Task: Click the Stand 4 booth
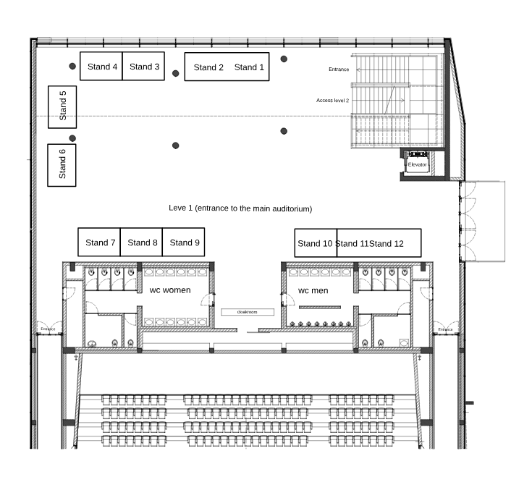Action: click(x=101, y=66)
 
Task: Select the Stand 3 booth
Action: click(x=143, y=66)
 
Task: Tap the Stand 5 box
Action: click(x=62, y=107)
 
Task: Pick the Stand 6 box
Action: click(x=62, y=165)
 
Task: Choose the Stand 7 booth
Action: click(x=99, y=242)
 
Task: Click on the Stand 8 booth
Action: click(x=141, y=242)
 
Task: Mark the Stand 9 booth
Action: click(x=184, y=242)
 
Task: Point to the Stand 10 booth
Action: click(x=316, y=243)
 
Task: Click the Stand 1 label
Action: click(x=249, y=67)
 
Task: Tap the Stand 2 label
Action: click(x=208, y=67)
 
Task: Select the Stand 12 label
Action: click(x=387, y=244)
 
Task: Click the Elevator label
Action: click(x=418, y=164)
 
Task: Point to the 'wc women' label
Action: click(x=170, y=290)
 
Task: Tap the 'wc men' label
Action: click(x=313, y=290)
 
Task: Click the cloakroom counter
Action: click(x=248, y=312)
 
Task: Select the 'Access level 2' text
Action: click(x=332, y=101)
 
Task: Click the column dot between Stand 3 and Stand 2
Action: click(x=175, y=73)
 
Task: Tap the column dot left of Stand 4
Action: click(x=72, y=66)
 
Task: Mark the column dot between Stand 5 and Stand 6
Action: click(x=72, y=138)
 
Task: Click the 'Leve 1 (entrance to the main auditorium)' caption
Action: click(x=240, y=208)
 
